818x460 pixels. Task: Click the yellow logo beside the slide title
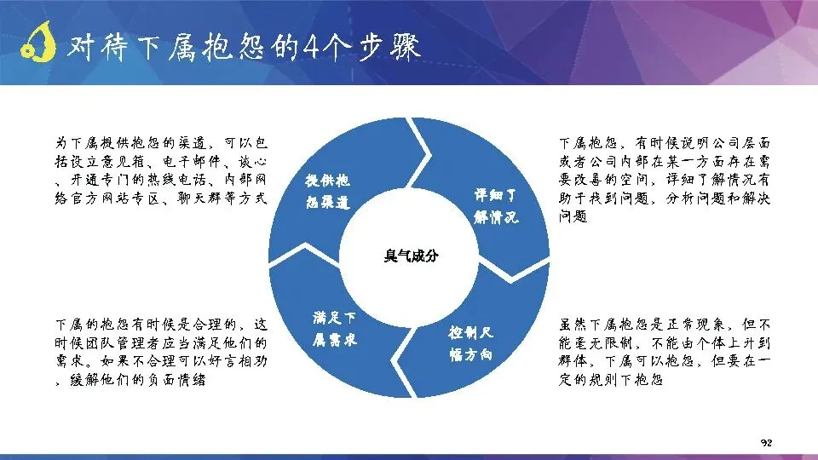[x=37, y=42]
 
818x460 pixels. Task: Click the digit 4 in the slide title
[x=311, y=47]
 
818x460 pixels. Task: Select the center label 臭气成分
[x=411, y=256]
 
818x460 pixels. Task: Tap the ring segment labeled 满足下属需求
[x=334, y=329]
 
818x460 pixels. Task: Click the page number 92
[x=766, y=443]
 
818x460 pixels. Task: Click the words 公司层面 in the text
[x=740, y=143]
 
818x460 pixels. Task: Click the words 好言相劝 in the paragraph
[x=238, y=361]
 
